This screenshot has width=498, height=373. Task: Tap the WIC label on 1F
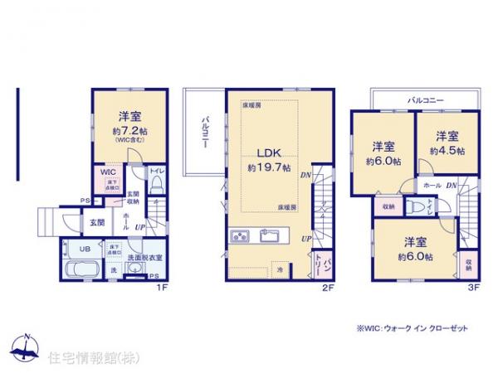(x=108, y=173)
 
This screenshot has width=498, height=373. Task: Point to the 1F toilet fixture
(x=155, y=185)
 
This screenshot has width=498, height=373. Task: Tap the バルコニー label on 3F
(x=425, y=99)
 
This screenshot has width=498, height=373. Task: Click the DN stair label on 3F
(x=452, y=186)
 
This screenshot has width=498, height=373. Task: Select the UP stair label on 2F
(x=306, y=240)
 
